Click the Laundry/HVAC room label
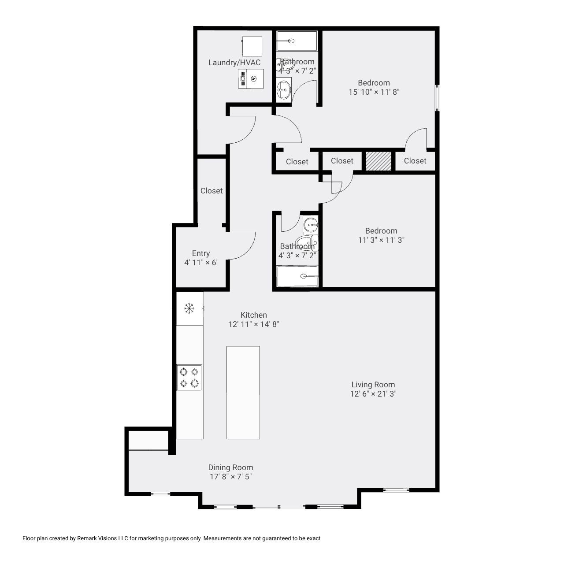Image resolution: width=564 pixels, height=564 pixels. (234, 63)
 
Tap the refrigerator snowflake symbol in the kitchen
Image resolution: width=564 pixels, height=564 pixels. (189, 308)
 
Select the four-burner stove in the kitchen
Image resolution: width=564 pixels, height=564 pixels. (189, 378)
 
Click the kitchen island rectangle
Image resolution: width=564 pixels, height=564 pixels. (243, 392)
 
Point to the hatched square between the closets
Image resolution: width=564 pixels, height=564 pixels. (378, 161)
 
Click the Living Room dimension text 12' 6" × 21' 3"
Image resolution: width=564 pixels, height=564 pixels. (373, 394)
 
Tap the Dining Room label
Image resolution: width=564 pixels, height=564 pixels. (230, 468)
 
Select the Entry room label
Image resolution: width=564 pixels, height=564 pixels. (200, 253)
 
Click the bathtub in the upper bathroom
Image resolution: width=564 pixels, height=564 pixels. (297, 41)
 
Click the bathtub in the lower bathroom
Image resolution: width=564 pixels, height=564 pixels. (297, 276)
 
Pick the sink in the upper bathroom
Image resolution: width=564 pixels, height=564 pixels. (283, 91)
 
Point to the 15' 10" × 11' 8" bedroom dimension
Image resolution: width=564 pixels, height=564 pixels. (374, 92)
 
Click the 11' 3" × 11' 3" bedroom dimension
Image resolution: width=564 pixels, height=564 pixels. (381, 240)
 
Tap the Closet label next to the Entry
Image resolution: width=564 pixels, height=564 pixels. (211, 191)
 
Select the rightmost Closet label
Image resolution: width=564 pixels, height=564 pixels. (415, 161)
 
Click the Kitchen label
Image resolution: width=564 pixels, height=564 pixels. (253, 315)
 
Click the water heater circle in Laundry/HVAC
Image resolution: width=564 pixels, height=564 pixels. (254, 78)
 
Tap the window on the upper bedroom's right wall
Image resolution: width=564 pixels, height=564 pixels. (437, 98)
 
